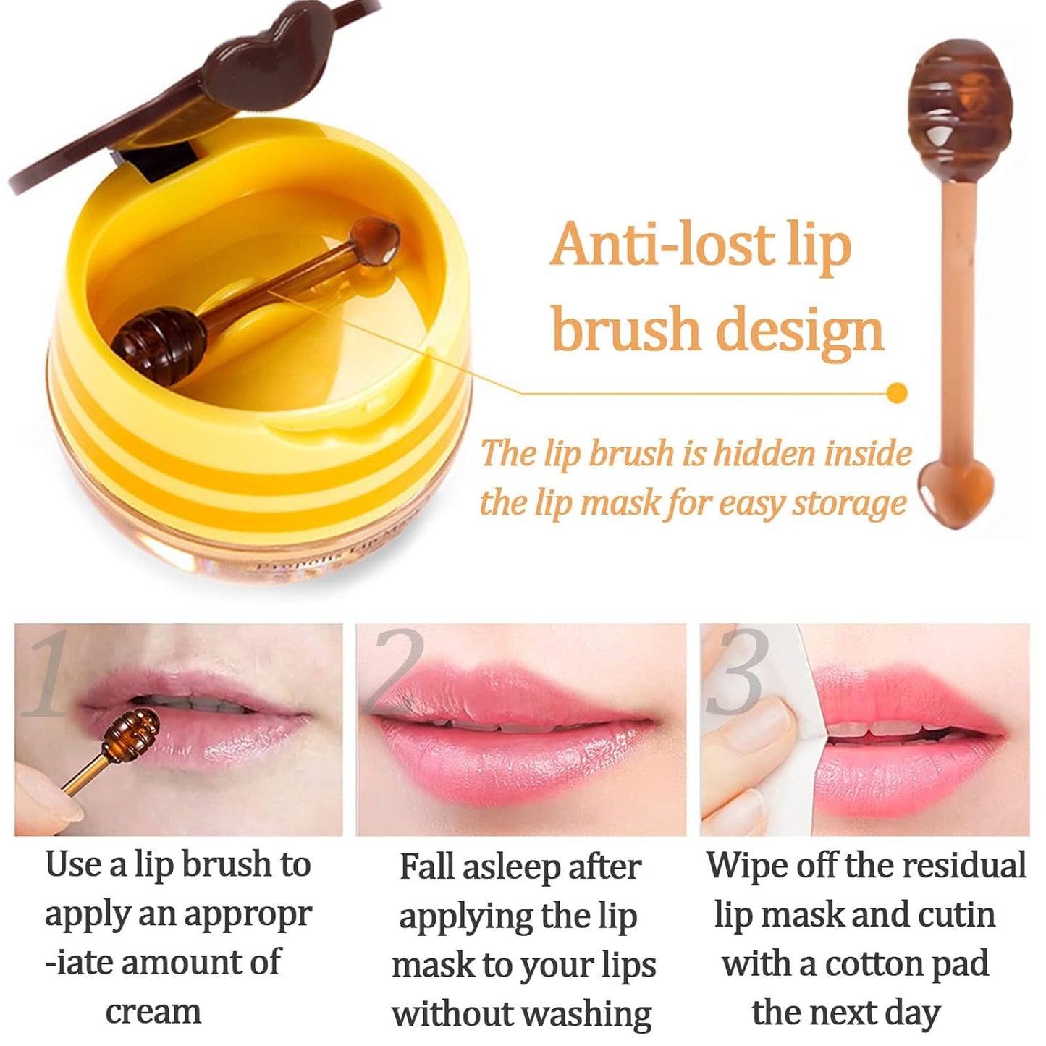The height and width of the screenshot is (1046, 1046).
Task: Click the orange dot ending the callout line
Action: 898,392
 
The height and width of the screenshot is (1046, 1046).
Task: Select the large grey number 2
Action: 397,670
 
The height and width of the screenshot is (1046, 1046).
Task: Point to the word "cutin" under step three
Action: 956,915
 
